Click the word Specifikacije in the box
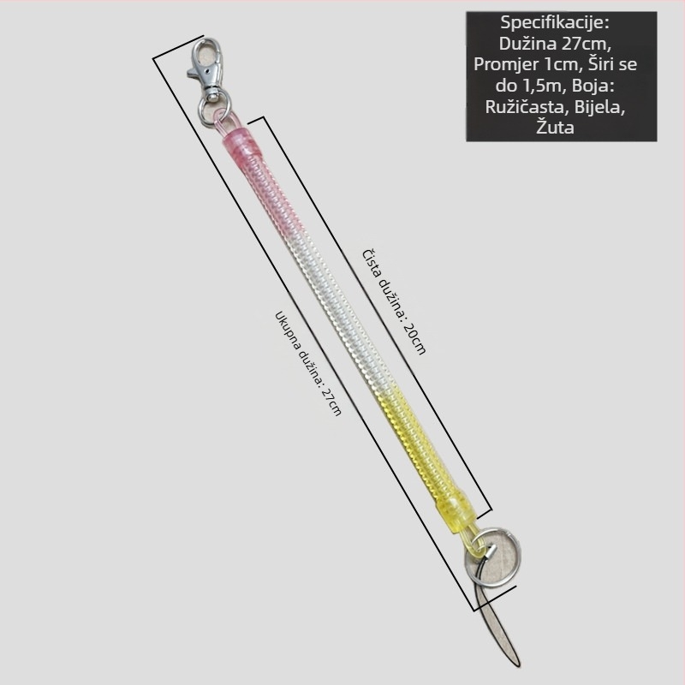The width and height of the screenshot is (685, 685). (555, 23)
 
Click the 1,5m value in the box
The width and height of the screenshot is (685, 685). (542, 86)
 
